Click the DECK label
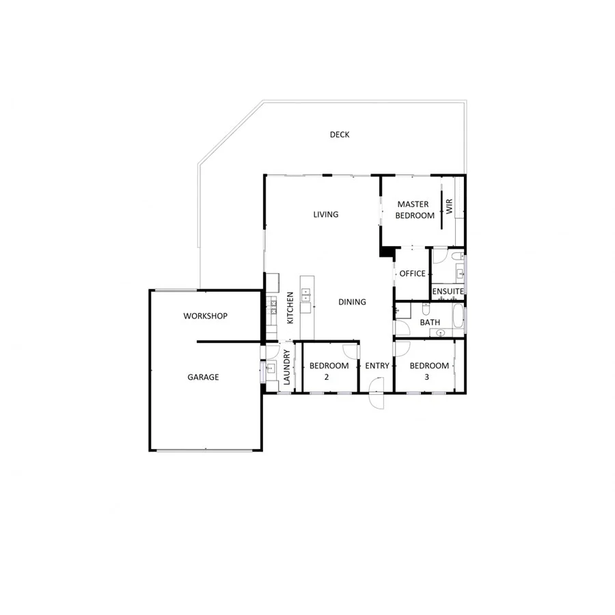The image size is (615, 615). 340,135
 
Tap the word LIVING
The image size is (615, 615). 326,215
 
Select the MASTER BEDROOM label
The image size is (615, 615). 414,210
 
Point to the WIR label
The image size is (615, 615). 450,208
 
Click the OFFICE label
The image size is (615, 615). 412,273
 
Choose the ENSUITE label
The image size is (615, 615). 448,292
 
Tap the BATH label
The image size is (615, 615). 430,323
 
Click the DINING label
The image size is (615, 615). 352,302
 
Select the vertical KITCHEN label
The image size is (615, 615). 290,307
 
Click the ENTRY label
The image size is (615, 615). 377,366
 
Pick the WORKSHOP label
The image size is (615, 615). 206,316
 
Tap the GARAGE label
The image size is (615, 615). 204,377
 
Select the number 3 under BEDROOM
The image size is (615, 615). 429,377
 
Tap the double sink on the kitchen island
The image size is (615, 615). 305,296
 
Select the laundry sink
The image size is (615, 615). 269,372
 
